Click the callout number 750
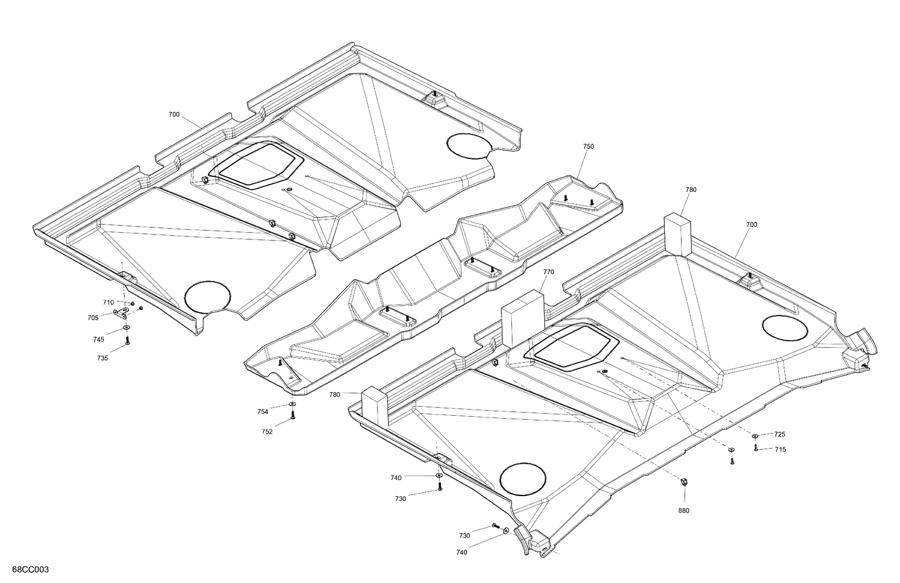[x=588, y=146]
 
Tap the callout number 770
[x=548, y=272]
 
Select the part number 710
[x=108, y=302]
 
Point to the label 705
[x=93, y=318]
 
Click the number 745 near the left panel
[x=98, y=339]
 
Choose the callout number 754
[x=262, y=411]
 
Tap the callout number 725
[x=779, y=434]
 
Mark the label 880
[x=683, y=510]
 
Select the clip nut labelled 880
[x=683, y=481]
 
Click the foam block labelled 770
[x=522, y=318]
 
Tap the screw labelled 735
[x=127, y=341]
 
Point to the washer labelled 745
[x=127, y=328]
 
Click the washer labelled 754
[x=292, y=406]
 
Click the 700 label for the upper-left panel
[x=174, y=114]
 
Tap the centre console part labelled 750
[x=432, y=276]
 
